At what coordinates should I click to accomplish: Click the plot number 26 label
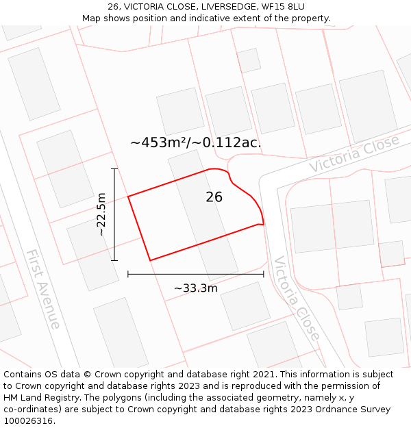[x=214, y=197]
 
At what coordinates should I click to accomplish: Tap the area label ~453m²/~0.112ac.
[x=195, y=142]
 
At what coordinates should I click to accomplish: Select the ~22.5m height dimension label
[x=101, y=214]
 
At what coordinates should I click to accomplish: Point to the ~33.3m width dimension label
[x=196, y=288]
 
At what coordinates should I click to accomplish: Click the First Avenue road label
[x=43, y=288]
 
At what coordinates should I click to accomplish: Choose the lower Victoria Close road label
[x=296, y=298]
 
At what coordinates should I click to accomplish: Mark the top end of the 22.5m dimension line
[x=114, y=168]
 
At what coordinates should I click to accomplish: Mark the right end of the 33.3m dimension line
[x=264, y=274]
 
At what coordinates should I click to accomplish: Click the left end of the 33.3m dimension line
[x=128, y=274]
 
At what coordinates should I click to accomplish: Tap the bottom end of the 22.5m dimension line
[x=114, y=260]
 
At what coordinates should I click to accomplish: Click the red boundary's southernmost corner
[x=150, y=260]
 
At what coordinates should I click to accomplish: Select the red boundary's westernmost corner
[x=128, y=197]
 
